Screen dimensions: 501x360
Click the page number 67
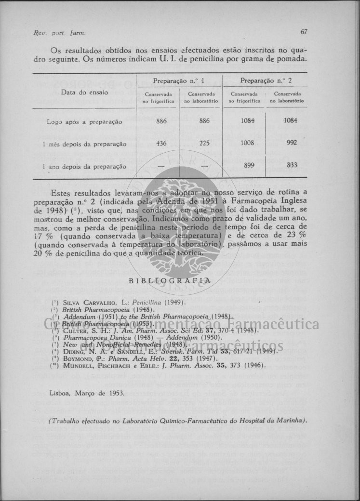click(304, 32)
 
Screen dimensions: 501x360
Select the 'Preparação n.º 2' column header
click(266, 80)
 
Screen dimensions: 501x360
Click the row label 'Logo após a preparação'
click(84, 122)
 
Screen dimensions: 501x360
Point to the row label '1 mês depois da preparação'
click(84, 144)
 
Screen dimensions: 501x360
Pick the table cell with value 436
click(162, 143)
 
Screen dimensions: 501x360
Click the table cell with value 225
click(204, 143)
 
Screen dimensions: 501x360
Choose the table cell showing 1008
click(248, 143)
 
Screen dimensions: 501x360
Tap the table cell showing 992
click(291, 143)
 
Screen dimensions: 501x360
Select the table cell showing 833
click(292, 165)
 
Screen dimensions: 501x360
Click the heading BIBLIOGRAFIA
click(169, 280)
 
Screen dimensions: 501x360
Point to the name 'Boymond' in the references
click(76, 358)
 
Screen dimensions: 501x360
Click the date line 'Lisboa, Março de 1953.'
click(87, 393)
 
